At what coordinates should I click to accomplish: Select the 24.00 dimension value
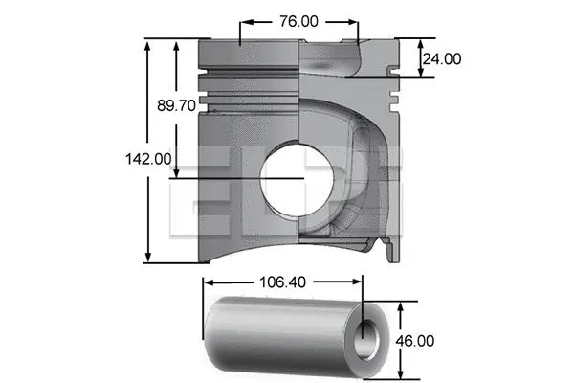point(442,58)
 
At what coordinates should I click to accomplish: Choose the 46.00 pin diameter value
point(414,340)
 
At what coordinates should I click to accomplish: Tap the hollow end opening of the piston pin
point(367,339)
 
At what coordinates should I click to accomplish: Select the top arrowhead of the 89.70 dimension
point(176,43)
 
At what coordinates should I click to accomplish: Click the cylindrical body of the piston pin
point(277,335)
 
